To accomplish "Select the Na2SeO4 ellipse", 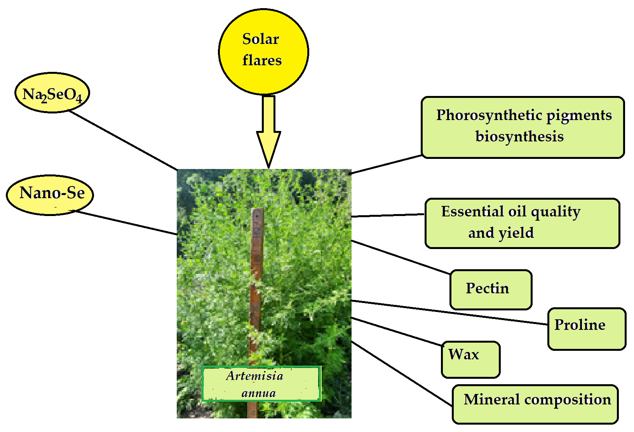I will [52, 93].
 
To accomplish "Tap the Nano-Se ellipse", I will [50, 195].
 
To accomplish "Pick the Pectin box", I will [491, 289].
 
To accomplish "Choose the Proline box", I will [586, 329].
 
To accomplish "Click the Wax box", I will [470, 359].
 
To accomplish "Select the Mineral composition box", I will [535, 404].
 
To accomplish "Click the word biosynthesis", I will [519, 136].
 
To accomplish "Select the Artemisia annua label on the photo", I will [261, 384].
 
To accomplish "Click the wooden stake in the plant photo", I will [256, 272].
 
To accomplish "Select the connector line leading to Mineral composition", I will [402, 373].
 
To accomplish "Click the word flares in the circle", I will [262, 61].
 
